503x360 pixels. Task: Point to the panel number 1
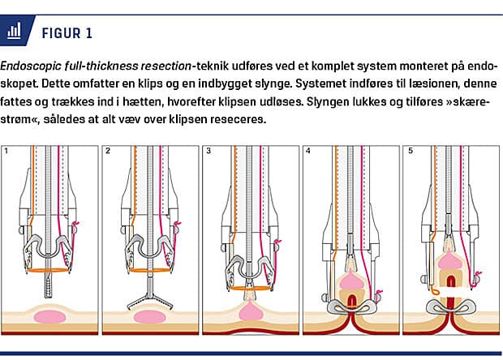click(x=7, y=151)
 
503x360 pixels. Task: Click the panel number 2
click(x=107, y=151)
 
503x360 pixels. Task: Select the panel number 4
click(x=307, y=151)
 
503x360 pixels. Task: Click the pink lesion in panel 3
click(x=250, y=310)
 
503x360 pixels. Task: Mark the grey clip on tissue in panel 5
click(x=449, y=307)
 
